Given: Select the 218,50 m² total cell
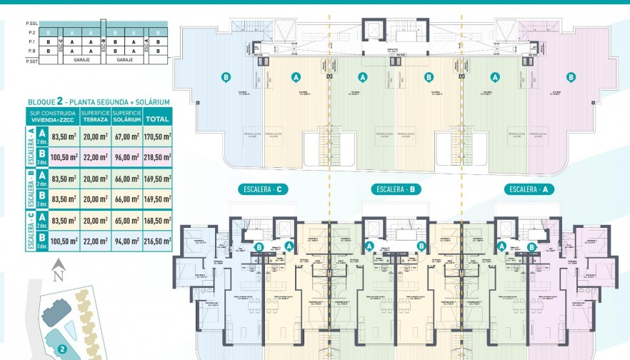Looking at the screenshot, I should (158, 156).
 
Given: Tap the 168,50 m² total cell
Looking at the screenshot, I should (158, 220).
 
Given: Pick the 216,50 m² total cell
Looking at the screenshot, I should (158, 241).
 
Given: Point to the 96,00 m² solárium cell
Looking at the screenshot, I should (127, 156).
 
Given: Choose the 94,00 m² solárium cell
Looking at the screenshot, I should (127, 241).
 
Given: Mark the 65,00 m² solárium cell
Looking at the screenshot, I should (127, 220).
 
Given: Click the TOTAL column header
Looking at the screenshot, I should (158, 116).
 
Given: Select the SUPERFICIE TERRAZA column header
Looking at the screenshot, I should (95, 116).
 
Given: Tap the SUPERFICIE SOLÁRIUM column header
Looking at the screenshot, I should (127, 116).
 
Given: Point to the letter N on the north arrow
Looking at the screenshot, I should (59, 275).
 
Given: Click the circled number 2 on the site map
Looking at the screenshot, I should (62, 350).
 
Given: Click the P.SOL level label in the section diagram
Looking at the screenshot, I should (31, 24).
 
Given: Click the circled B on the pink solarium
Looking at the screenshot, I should (571, 77).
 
